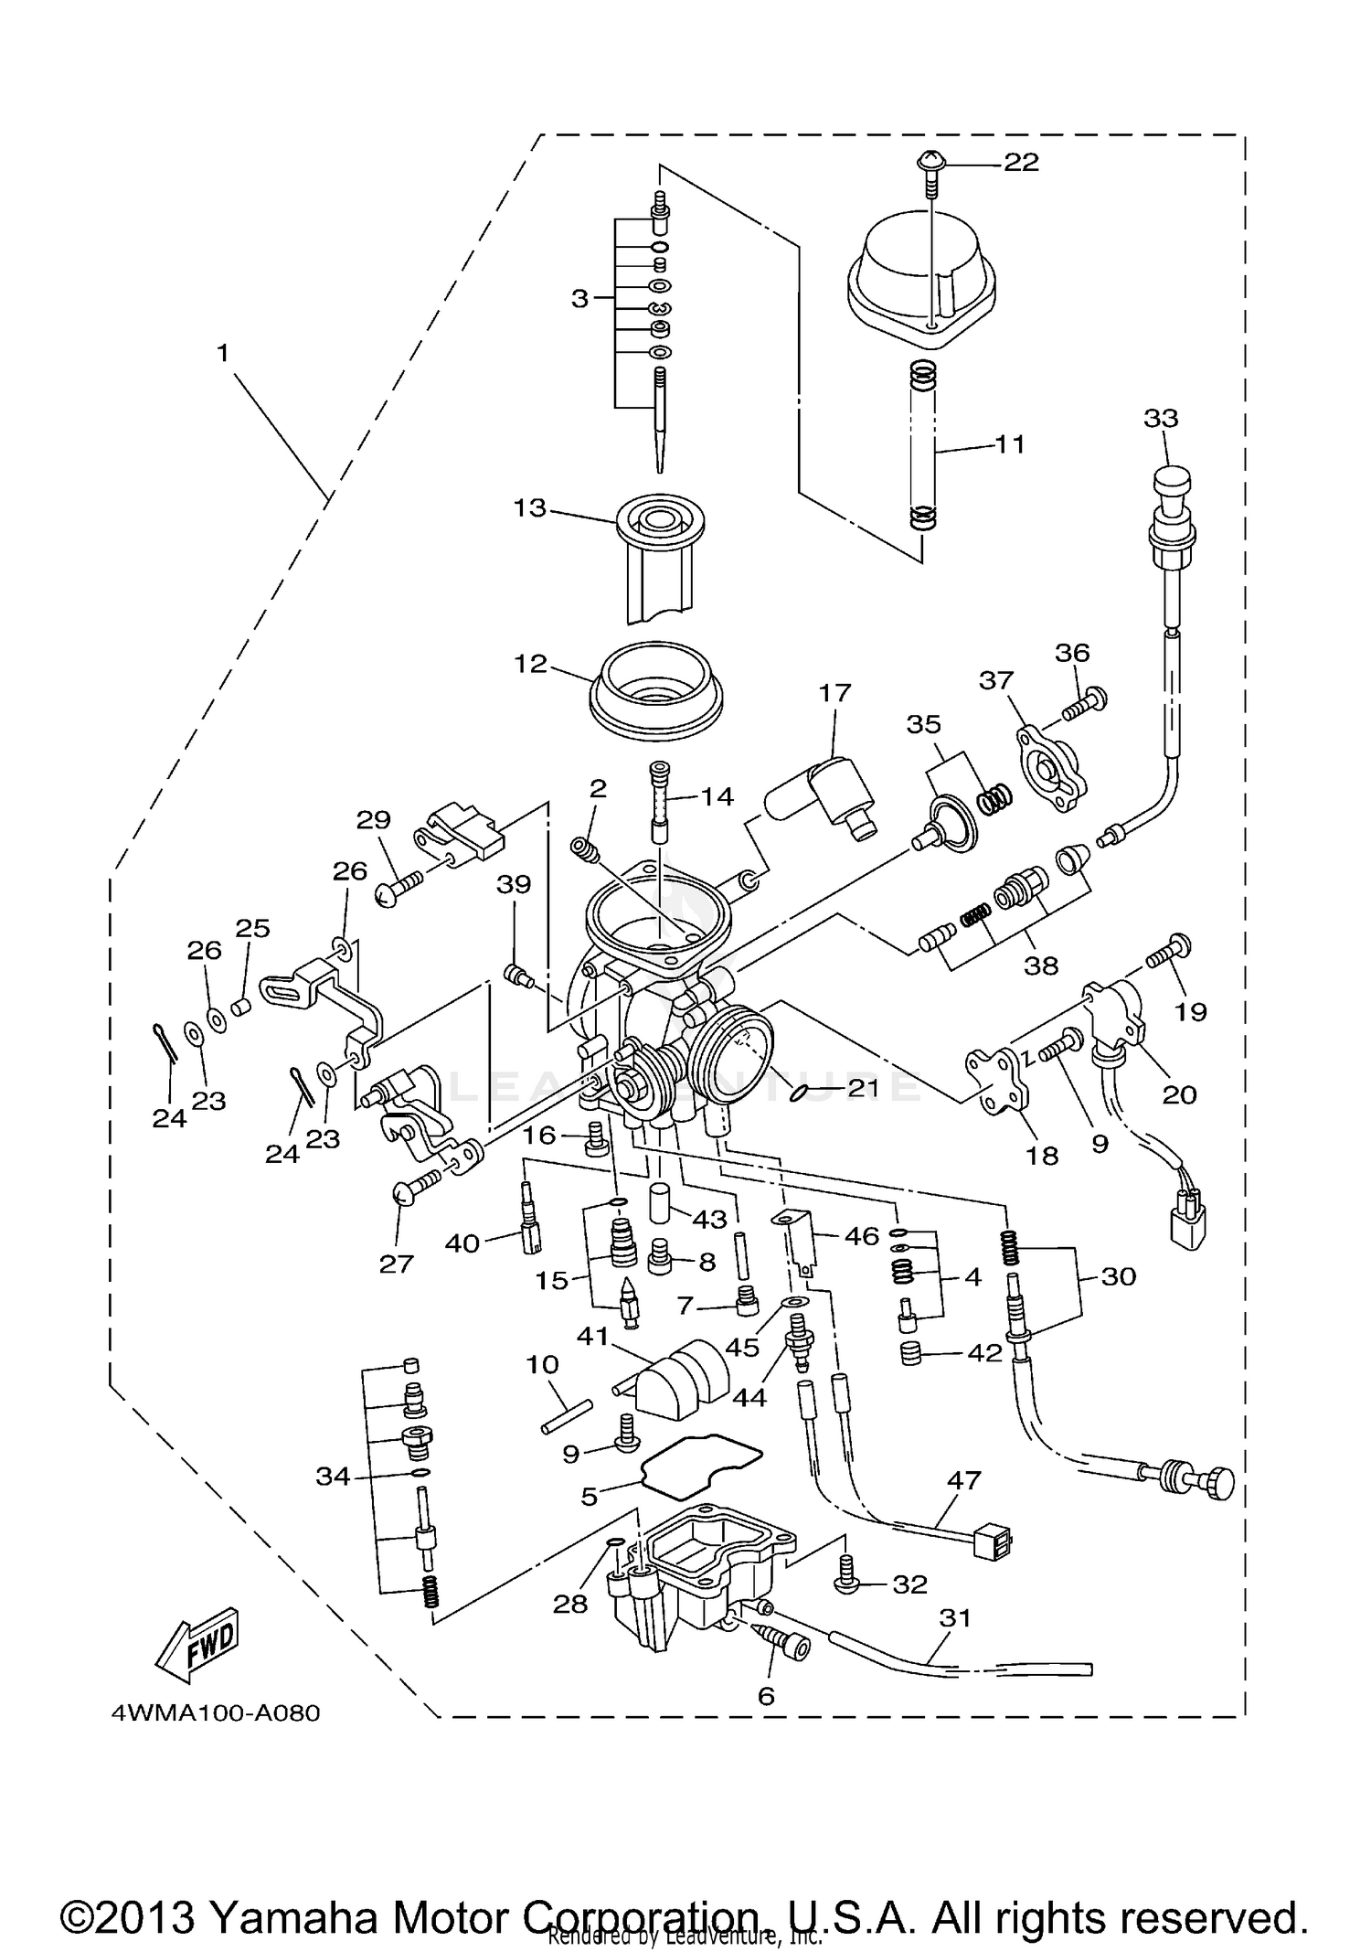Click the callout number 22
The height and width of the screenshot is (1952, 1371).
coord(1021,163)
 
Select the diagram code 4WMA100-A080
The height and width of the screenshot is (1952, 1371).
coord(216,1712)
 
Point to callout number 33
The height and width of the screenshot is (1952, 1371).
coord(1161,419)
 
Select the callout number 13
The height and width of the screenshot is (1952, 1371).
coord(529,508)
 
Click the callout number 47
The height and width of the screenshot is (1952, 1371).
coord(964,1479)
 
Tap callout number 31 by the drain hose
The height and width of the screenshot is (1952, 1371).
coord(954,1617)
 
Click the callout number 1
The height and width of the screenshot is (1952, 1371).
coord(222,353)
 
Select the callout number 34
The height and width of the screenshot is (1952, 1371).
coord(332,1477)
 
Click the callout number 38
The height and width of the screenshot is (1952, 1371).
coord(1040,965)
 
